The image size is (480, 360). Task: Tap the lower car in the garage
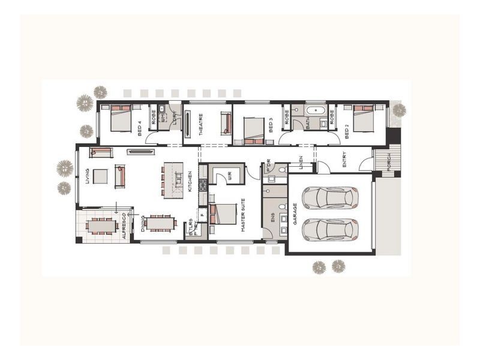(x=330, y=229)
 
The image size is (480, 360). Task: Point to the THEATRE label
(x=200, y=125)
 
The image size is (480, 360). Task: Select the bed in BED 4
(x=121, y=117)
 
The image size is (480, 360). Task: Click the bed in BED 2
(x=364, y=117)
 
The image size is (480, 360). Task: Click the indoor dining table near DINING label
(x=160, y=223)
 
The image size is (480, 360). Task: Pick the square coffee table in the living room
(x=100, y=176)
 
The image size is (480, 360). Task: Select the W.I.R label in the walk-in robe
(x=229, y=175)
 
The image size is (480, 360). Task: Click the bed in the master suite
(x=223, y=213)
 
